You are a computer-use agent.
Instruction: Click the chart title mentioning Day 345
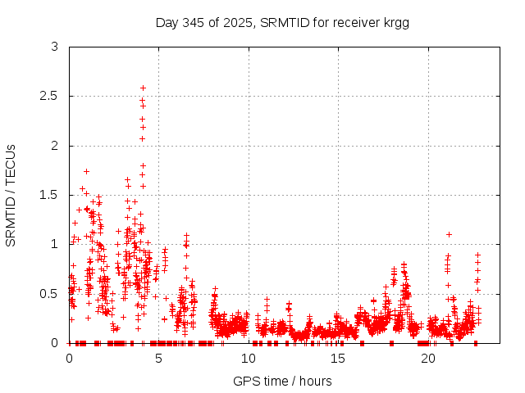coord(282,22)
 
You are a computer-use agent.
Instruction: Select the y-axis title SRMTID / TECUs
coord(11,195)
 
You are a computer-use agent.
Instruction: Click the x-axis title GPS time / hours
coord(282,381)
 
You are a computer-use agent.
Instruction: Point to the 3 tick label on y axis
coord(54,47)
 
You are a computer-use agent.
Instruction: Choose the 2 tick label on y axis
coord(54,146)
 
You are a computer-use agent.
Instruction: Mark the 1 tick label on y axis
coord(54,244)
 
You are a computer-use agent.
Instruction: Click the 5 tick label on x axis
coord(159,359)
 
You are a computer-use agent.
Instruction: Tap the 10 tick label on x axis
coord(249,359)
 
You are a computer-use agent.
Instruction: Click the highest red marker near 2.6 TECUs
coord(143,88)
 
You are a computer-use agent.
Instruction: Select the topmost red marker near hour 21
coord(449,234)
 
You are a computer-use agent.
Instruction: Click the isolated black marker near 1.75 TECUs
coord(86,171)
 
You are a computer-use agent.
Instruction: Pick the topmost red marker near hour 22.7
coord(477,255)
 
